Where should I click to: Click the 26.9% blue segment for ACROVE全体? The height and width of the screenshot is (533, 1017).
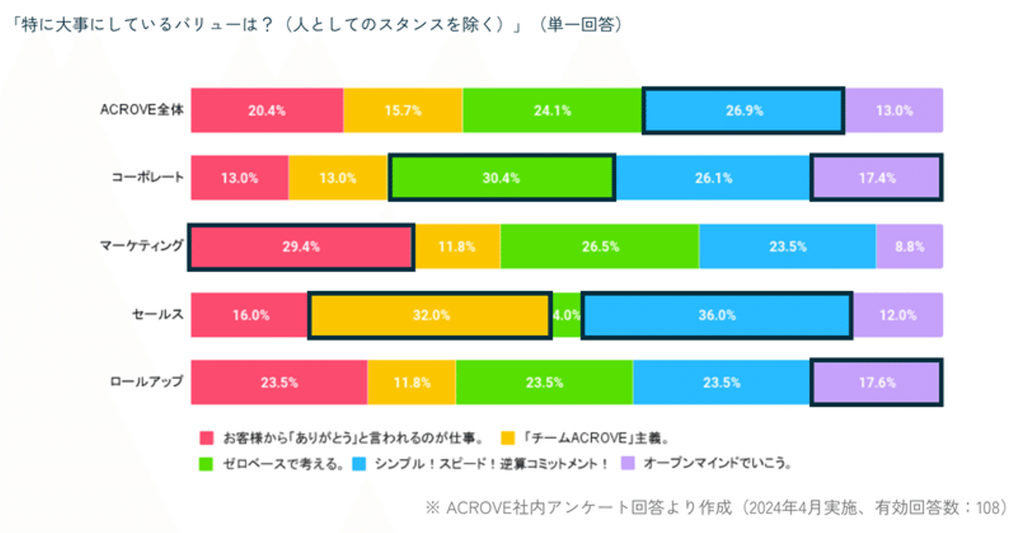click(743, 110)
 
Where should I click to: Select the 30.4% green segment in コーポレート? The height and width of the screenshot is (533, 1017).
click(501, 178)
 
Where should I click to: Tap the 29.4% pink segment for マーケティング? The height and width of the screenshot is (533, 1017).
click(302, 247)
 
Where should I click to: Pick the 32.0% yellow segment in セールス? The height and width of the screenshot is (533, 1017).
click(429, 315)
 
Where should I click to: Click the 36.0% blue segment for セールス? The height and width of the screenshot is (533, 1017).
click(717, 315)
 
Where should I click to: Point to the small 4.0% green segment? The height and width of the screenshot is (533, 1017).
click(566, 315)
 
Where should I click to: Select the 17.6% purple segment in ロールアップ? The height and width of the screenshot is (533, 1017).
click(876, 382)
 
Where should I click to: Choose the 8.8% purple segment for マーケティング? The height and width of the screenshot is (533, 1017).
click(909, 247)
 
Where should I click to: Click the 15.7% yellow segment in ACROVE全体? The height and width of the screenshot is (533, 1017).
click(403, 110)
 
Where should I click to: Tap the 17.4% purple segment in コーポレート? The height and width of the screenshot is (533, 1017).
click(876, 178)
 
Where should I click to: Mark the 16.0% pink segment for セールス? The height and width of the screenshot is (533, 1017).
click(250, 315)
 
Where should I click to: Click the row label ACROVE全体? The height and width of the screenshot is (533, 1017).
click(142, 110)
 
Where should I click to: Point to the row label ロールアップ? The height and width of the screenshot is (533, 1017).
click(146, 382)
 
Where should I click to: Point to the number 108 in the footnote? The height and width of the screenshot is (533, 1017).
click(986, 508)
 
